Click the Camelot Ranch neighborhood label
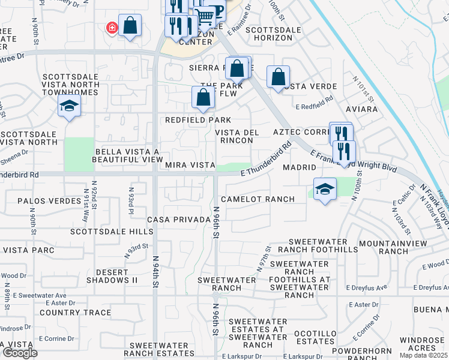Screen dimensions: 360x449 click(258, 199)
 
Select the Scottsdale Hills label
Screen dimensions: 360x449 click(112, 232)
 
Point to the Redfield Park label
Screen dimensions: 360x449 click(199, 121)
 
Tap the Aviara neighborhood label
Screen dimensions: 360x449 click(362, 110)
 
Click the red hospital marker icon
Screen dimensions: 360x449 click(112, 28)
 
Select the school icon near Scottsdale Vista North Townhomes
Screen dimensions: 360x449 click(69, 106)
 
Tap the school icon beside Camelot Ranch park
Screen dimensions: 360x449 click(324, 189)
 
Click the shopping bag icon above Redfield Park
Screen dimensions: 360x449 click(203, 97)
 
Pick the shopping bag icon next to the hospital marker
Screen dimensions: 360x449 click(130, 26)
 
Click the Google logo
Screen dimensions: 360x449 click(20, 353)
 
